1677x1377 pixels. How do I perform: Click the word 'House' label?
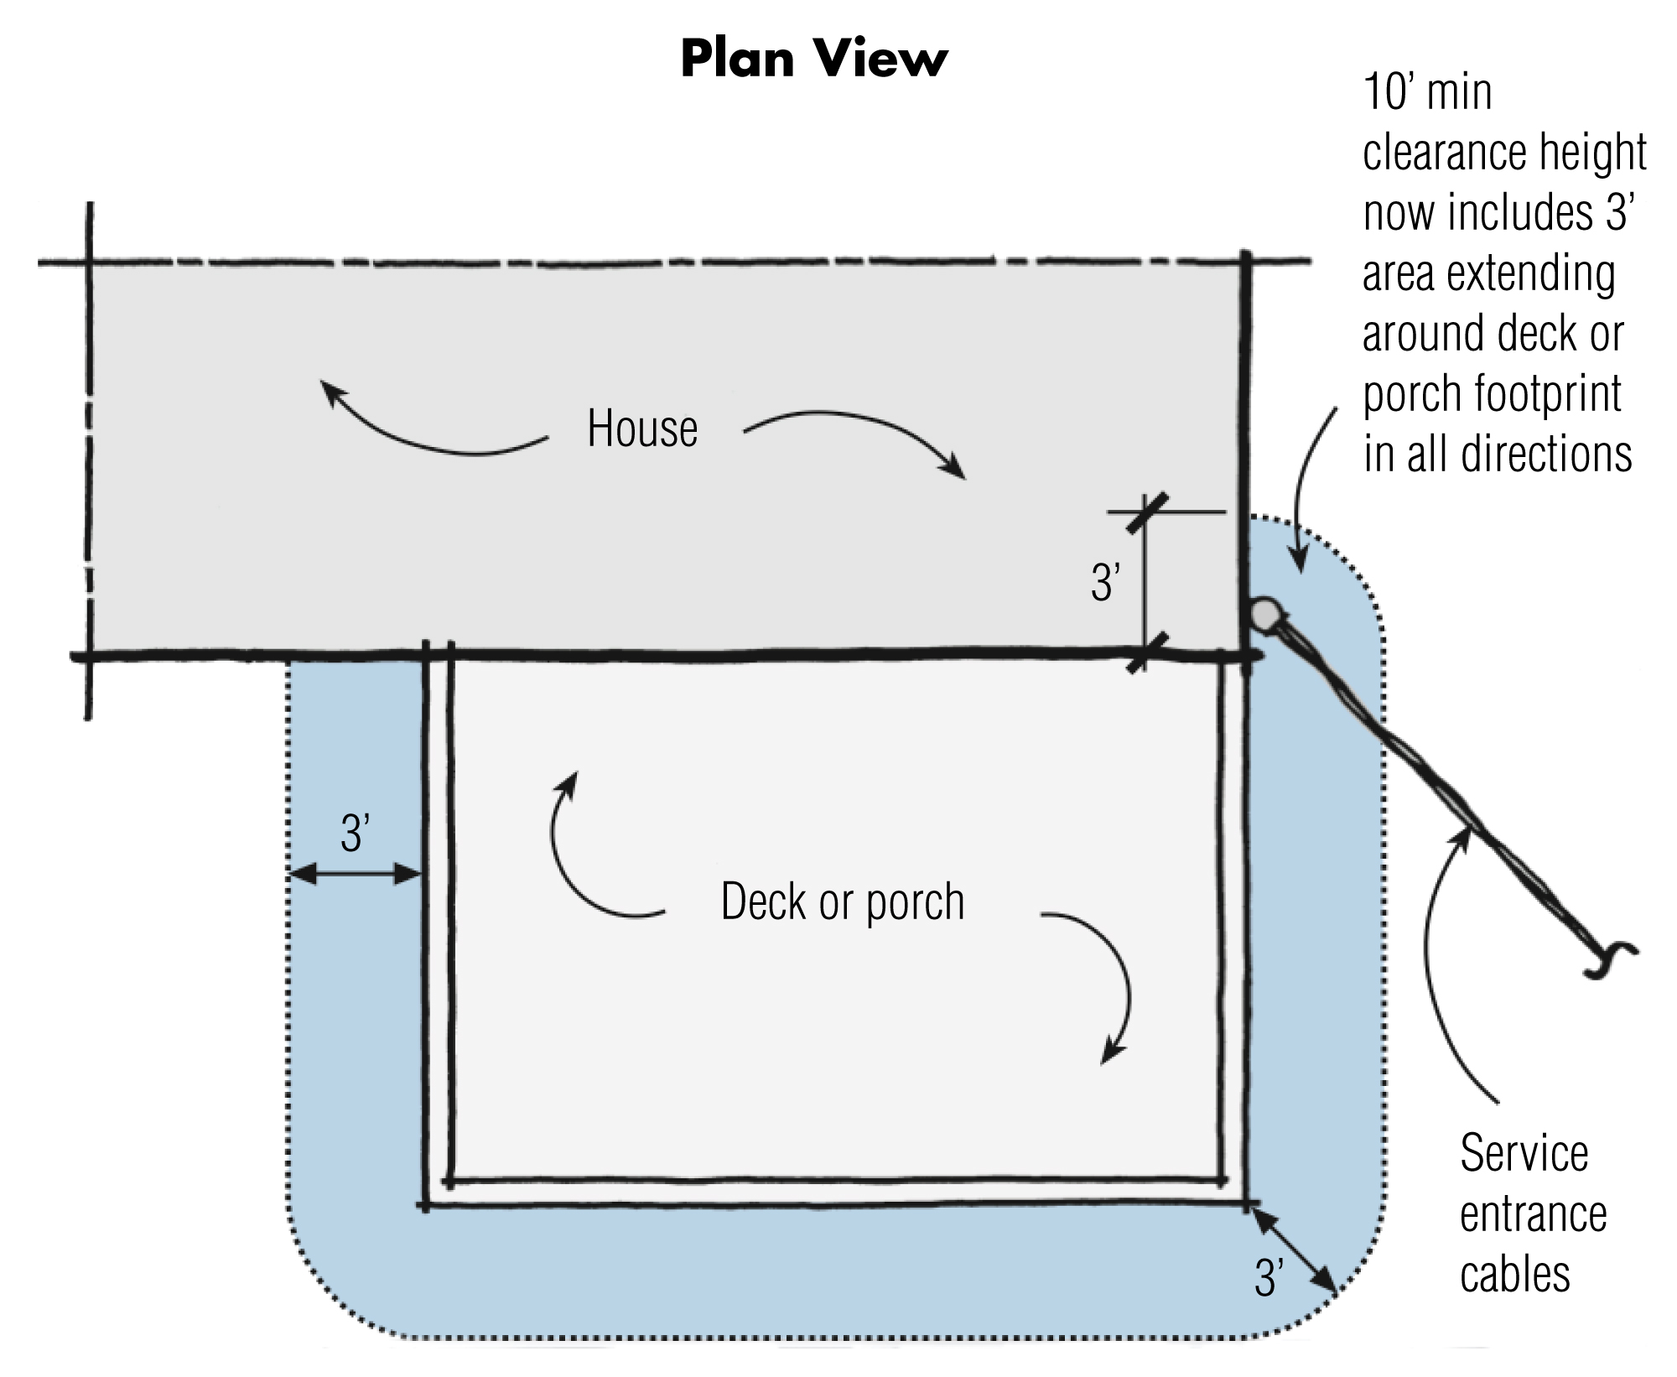(641, 429)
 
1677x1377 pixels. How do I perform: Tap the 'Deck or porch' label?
(842, 902)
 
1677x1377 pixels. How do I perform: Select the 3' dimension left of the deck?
(356, 834)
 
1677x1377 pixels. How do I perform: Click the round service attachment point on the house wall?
(1263, 614)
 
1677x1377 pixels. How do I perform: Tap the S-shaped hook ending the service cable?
(1611, 959)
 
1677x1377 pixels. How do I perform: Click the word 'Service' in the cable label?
(1524, 1154)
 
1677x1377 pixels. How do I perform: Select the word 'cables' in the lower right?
(1514, 1276)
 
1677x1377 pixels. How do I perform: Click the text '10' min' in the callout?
(1427, 92)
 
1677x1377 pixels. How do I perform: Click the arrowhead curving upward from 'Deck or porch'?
(569, 782)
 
